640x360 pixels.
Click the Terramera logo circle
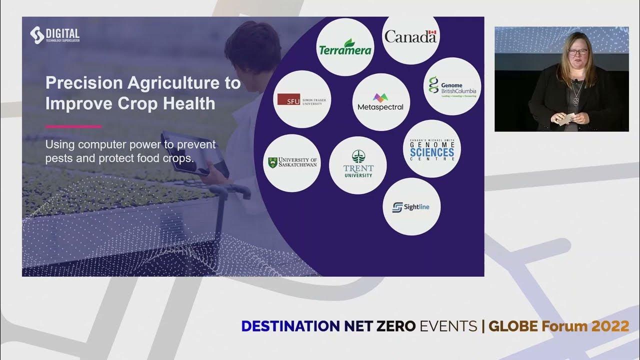345,46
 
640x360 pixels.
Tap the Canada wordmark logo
410,36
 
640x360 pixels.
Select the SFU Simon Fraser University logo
302,99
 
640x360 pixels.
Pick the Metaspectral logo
380,102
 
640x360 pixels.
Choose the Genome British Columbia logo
452,86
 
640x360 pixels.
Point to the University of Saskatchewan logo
292,162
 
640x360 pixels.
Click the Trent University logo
358,165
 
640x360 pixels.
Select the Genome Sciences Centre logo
431,149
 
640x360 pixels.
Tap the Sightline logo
411,206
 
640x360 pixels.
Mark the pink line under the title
73,126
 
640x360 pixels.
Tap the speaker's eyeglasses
577,51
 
